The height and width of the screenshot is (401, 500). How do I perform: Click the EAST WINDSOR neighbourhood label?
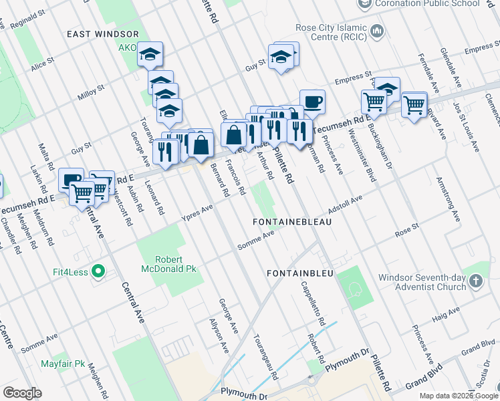point(103,34)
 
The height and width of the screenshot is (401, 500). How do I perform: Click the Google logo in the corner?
point(23,393)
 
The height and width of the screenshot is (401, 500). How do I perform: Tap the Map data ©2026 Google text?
point(459,396)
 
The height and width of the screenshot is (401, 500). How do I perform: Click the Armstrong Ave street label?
point(447,198)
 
